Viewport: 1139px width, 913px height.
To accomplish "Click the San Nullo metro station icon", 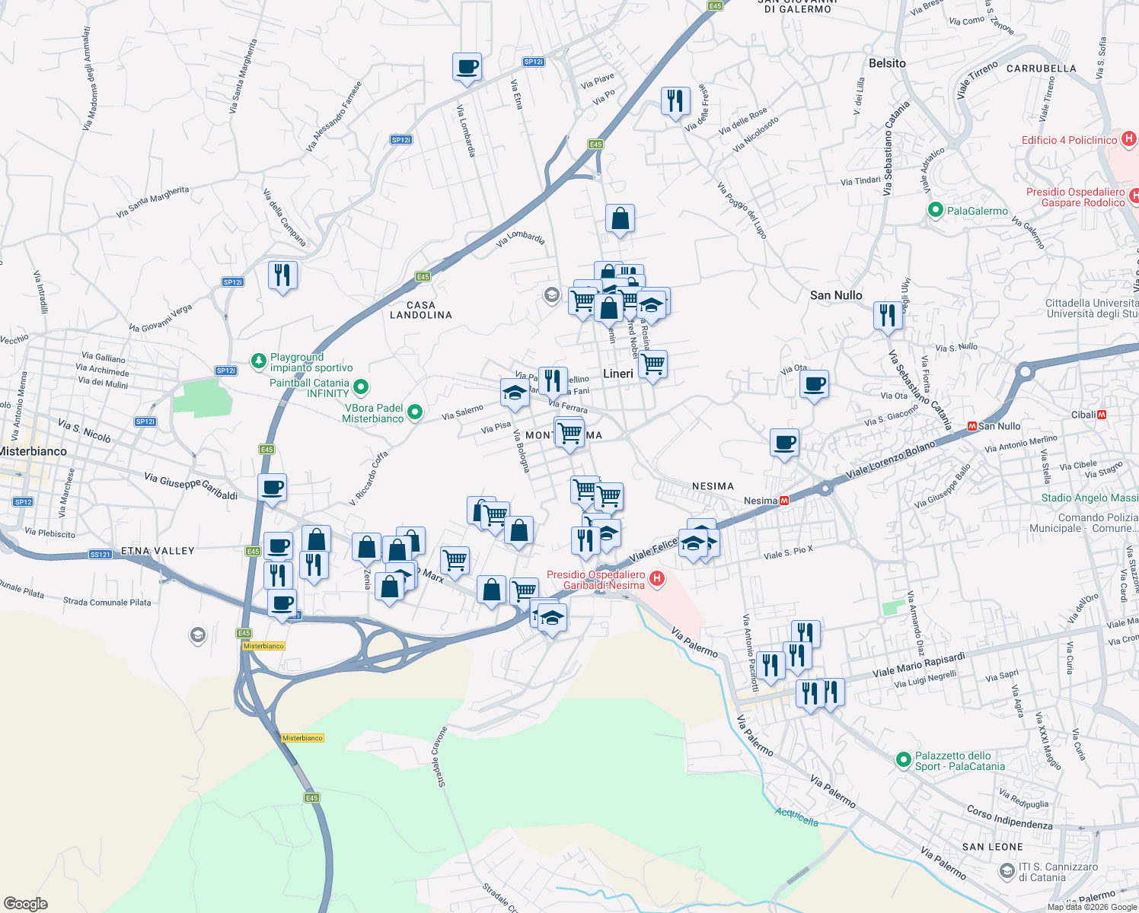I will pos(971,426).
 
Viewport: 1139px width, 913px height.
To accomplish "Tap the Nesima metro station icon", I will pos(784,501).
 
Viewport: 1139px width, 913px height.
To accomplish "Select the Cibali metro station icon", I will pos(1102,415).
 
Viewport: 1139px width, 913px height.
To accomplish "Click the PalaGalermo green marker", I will pos(936,210).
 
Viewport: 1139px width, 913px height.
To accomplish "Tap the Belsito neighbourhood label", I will pos(887,64).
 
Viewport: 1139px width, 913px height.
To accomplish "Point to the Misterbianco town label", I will pos(33,451).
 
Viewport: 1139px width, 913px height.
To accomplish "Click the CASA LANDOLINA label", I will pos(421,310).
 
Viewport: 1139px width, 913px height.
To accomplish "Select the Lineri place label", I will pos(617,374).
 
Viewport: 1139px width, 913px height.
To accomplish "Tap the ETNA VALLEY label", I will pos(158,550).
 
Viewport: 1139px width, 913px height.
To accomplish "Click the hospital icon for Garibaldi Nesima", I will pos(656,580).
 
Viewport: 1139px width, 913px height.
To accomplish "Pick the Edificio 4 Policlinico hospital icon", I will pos(1129,139).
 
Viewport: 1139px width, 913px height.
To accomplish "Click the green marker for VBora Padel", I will pos(415,412).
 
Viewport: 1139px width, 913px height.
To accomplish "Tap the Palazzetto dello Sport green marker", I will pos(903,759).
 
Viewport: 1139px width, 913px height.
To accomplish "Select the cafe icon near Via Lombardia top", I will pos(467,66).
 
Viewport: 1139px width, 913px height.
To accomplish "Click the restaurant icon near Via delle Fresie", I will pos(675,100).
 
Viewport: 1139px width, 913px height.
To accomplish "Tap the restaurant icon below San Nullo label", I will pos(888,314).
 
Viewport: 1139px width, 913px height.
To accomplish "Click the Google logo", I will pos(26,904).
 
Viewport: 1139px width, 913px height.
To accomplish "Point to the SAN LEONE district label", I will pos(992,847).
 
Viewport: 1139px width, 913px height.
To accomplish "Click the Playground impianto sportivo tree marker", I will pos(259,360).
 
